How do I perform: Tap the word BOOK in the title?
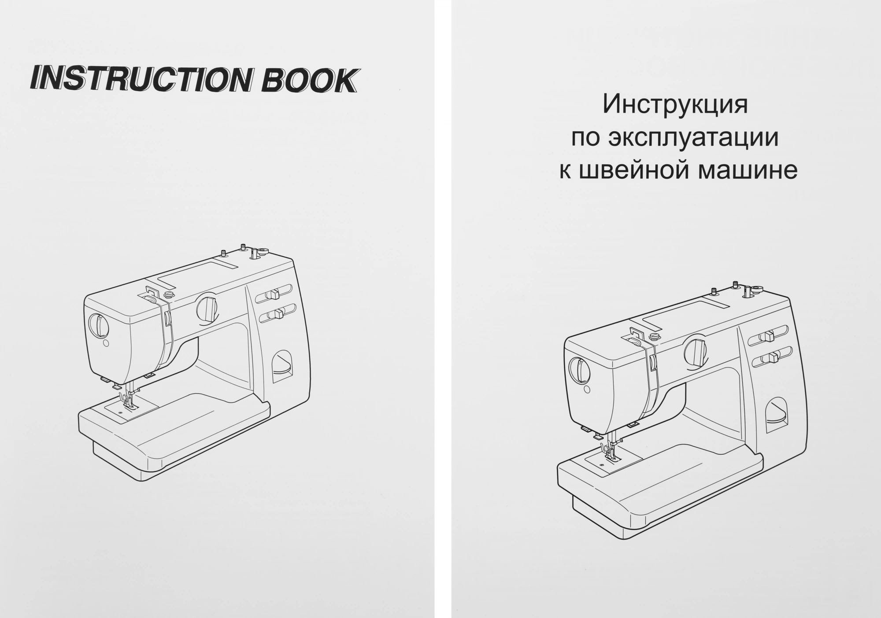[x=308, y=81]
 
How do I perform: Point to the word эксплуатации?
[x=693, y=138]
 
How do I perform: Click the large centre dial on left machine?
[x=207, y=308]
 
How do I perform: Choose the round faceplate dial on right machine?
[x=579, y=370]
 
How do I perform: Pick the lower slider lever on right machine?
[x=773, y=358]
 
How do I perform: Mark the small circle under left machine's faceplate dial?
[x=106, y=342]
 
